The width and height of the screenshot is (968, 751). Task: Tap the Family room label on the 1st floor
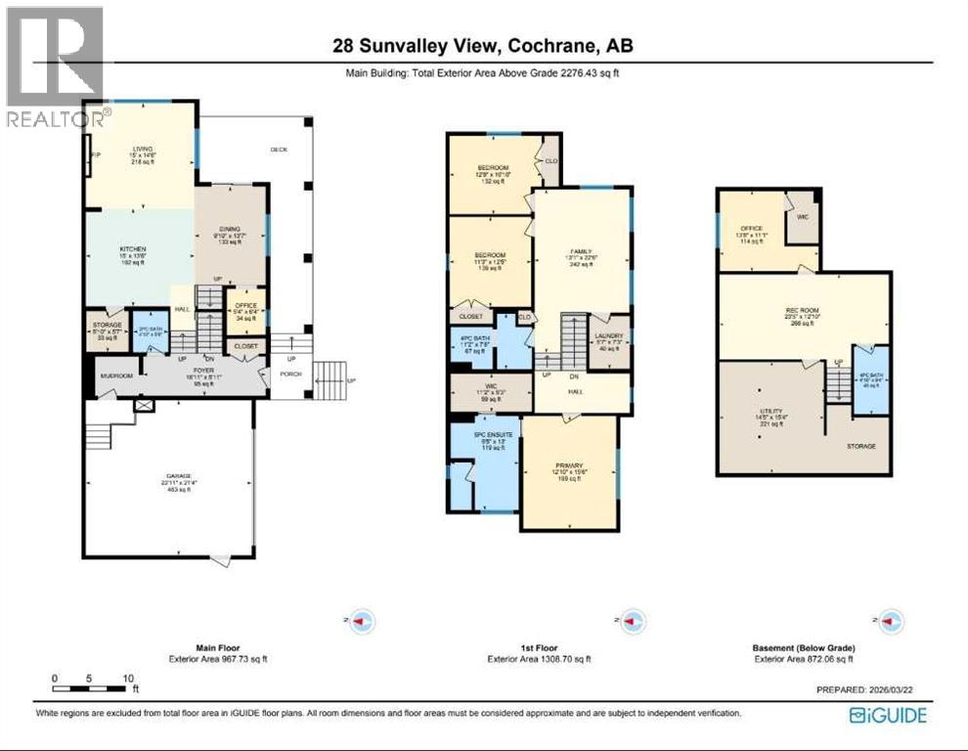582,250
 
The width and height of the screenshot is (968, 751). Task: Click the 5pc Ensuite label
487,435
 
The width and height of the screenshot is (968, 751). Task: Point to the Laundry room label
610,336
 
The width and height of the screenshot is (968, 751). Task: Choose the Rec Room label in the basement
804,313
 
